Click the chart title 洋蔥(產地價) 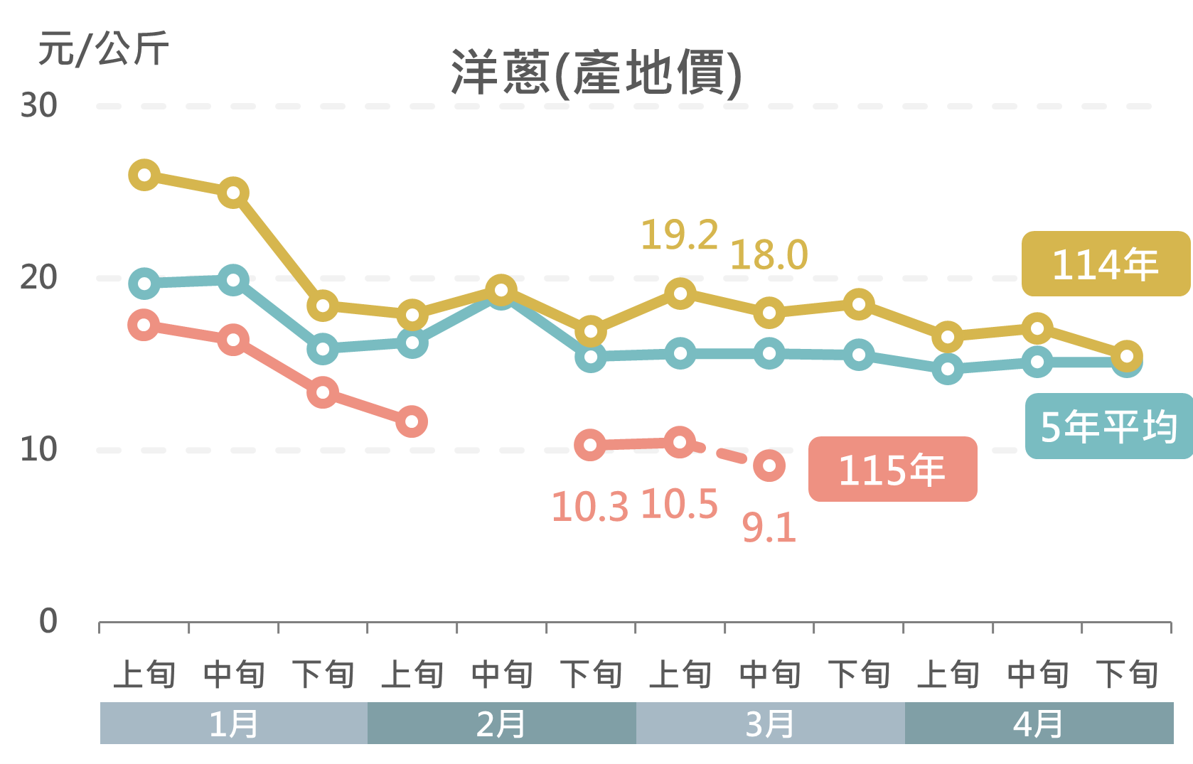point(596,72)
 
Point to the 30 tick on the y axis point(38,106)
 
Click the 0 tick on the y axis point(48,621)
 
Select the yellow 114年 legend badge point(1106,264)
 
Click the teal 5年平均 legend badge point(1108,426)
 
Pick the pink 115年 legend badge point(892,469)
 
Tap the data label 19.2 point(679,235)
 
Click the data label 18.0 point(769,255)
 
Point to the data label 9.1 point(769,528)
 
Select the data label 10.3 point(589,507)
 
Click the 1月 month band point(233,723)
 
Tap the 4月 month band point(1038,723)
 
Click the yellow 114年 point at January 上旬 point(144,175)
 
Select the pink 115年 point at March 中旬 point(769,466)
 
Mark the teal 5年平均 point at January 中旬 point(233,280)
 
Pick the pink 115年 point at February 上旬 point(412,421)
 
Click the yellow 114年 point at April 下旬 point(1127,356)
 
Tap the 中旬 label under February point(502,674)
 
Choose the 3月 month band point(770,723)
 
